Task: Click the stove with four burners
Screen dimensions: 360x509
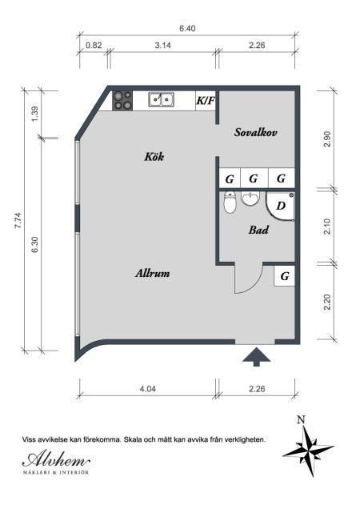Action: [122, 101]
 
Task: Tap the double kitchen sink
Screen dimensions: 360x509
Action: [161, 99]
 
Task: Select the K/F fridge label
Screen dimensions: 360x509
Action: [206, 101]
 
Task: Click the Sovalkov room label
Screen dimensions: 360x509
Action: [256, 132]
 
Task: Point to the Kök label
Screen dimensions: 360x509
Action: [154, 157]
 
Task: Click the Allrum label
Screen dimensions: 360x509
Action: [153, 273]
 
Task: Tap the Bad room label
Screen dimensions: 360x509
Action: [258, 230]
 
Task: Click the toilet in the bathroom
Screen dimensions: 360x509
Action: [230, 202]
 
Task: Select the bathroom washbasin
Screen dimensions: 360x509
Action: [250, 198]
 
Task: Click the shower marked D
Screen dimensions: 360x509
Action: [280, 206]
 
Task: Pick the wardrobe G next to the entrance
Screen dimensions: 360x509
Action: [284, 276]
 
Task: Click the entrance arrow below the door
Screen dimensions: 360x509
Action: [257, 357]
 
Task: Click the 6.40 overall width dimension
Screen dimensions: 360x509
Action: [187, 29]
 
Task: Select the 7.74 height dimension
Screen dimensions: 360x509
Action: [18, 221]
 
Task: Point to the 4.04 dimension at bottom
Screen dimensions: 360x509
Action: [148, 389]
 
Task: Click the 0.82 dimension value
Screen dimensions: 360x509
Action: [94, 45]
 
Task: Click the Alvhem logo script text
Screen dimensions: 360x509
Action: [56, 459]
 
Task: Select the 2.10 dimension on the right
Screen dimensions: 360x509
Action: [327, 226]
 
